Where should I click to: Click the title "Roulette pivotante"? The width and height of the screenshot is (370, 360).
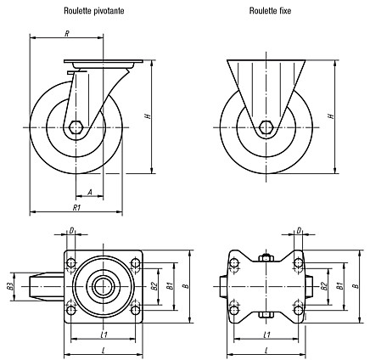point(94,11)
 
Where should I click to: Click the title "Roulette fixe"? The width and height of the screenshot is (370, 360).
point(270,11)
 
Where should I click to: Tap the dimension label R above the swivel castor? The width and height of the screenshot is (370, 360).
point(67,34)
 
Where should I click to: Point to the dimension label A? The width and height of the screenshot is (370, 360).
point(90,193)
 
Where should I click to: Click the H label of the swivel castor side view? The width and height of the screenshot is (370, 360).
point(148,116)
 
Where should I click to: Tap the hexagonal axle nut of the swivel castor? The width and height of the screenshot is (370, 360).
point(76,127)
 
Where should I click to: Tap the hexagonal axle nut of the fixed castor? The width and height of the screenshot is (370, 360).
point(266,127)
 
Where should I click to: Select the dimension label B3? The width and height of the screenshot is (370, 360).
point(10,286)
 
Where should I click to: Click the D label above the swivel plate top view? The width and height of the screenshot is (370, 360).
point(71,231)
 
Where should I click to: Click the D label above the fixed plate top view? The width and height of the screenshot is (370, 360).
point(299,231)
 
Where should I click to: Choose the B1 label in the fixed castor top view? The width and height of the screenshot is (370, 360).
point(340,286)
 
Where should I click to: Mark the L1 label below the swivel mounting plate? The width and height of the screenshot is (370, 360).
point(104,335)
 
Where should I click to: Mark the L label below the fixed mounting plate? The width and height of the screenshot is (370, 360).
point(266,351)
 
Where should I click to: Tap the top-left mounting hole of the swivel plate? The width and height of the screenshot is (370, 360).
point(70,263)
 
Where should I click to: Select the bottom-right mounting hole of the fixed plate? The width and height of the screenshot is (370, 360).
point(298,311)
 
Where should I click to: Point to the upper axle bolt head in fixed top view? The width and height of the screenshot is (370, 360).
point(266,258)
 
